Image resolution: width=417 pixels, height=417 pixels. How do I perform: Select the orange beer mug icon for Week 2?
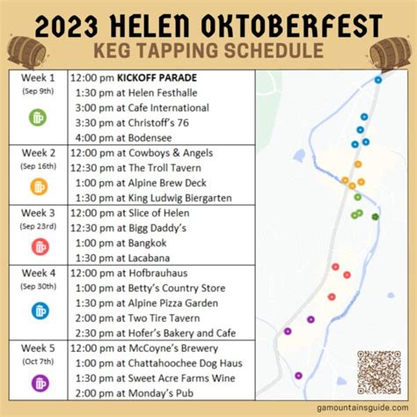40,187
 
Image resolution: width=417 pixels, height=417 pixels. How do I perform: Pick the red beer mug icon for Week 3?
40,245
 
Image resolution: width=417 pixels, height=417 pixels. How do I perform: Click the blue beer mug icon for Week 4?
40,311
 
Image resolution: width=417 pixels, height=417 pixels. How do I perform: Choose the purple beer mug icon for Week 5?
40,382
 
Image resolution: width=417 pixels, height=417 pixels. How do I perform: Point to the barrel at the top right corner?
391,54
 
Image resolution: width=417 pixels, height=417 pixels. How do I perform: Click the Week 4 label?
40,273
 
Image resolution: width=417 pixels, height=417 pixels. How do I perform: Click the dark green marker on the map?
376,216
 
